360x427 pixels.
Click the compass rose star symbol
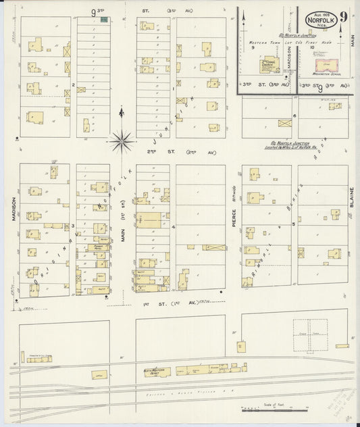click(122, 140)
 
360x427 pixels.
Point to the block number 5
click(293, 228)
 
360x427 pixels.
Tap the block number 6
click(294, 116)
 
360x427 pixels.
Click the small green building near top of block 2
click(103, 20)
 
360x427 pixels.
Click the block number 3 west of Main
click(73, 226)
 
